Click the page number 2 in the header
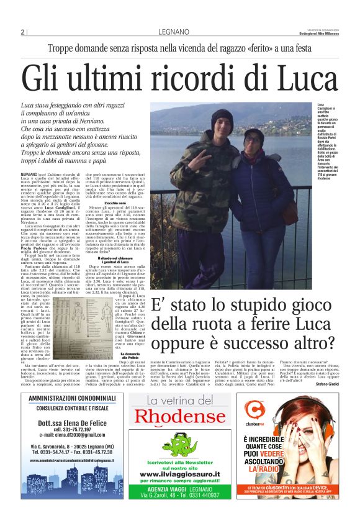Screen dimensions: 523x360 tap(22, 32)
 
